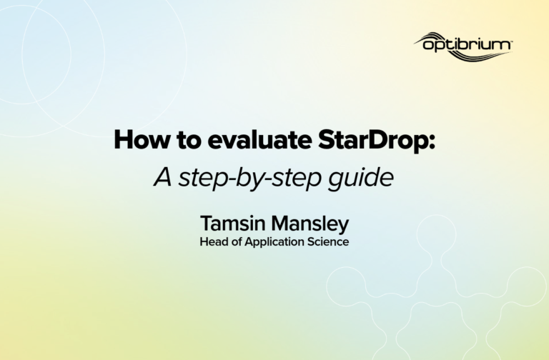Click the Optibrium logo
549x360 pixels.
(x=463, y=46)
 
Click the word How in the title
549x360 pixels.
(x=142, y=139)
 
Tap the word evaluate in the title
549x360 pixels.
(x=259, y=139)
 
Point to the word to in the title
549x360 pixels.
(x=189, y=140)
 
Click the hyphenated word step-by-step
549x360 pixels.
(x=250, y=178)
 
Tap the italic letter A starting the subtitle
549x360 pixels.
(x=163, y=177)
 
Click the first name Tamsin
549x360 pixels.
(x=233, y=223)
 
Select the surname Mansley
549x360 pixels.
(x=310, y=224)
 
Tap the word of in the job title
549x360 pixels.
(x=237, y=241)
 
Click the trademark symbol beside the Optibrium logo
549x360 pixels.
(x=511, y=41)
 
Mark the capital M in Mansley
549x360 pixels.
(x=280, y=223)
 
